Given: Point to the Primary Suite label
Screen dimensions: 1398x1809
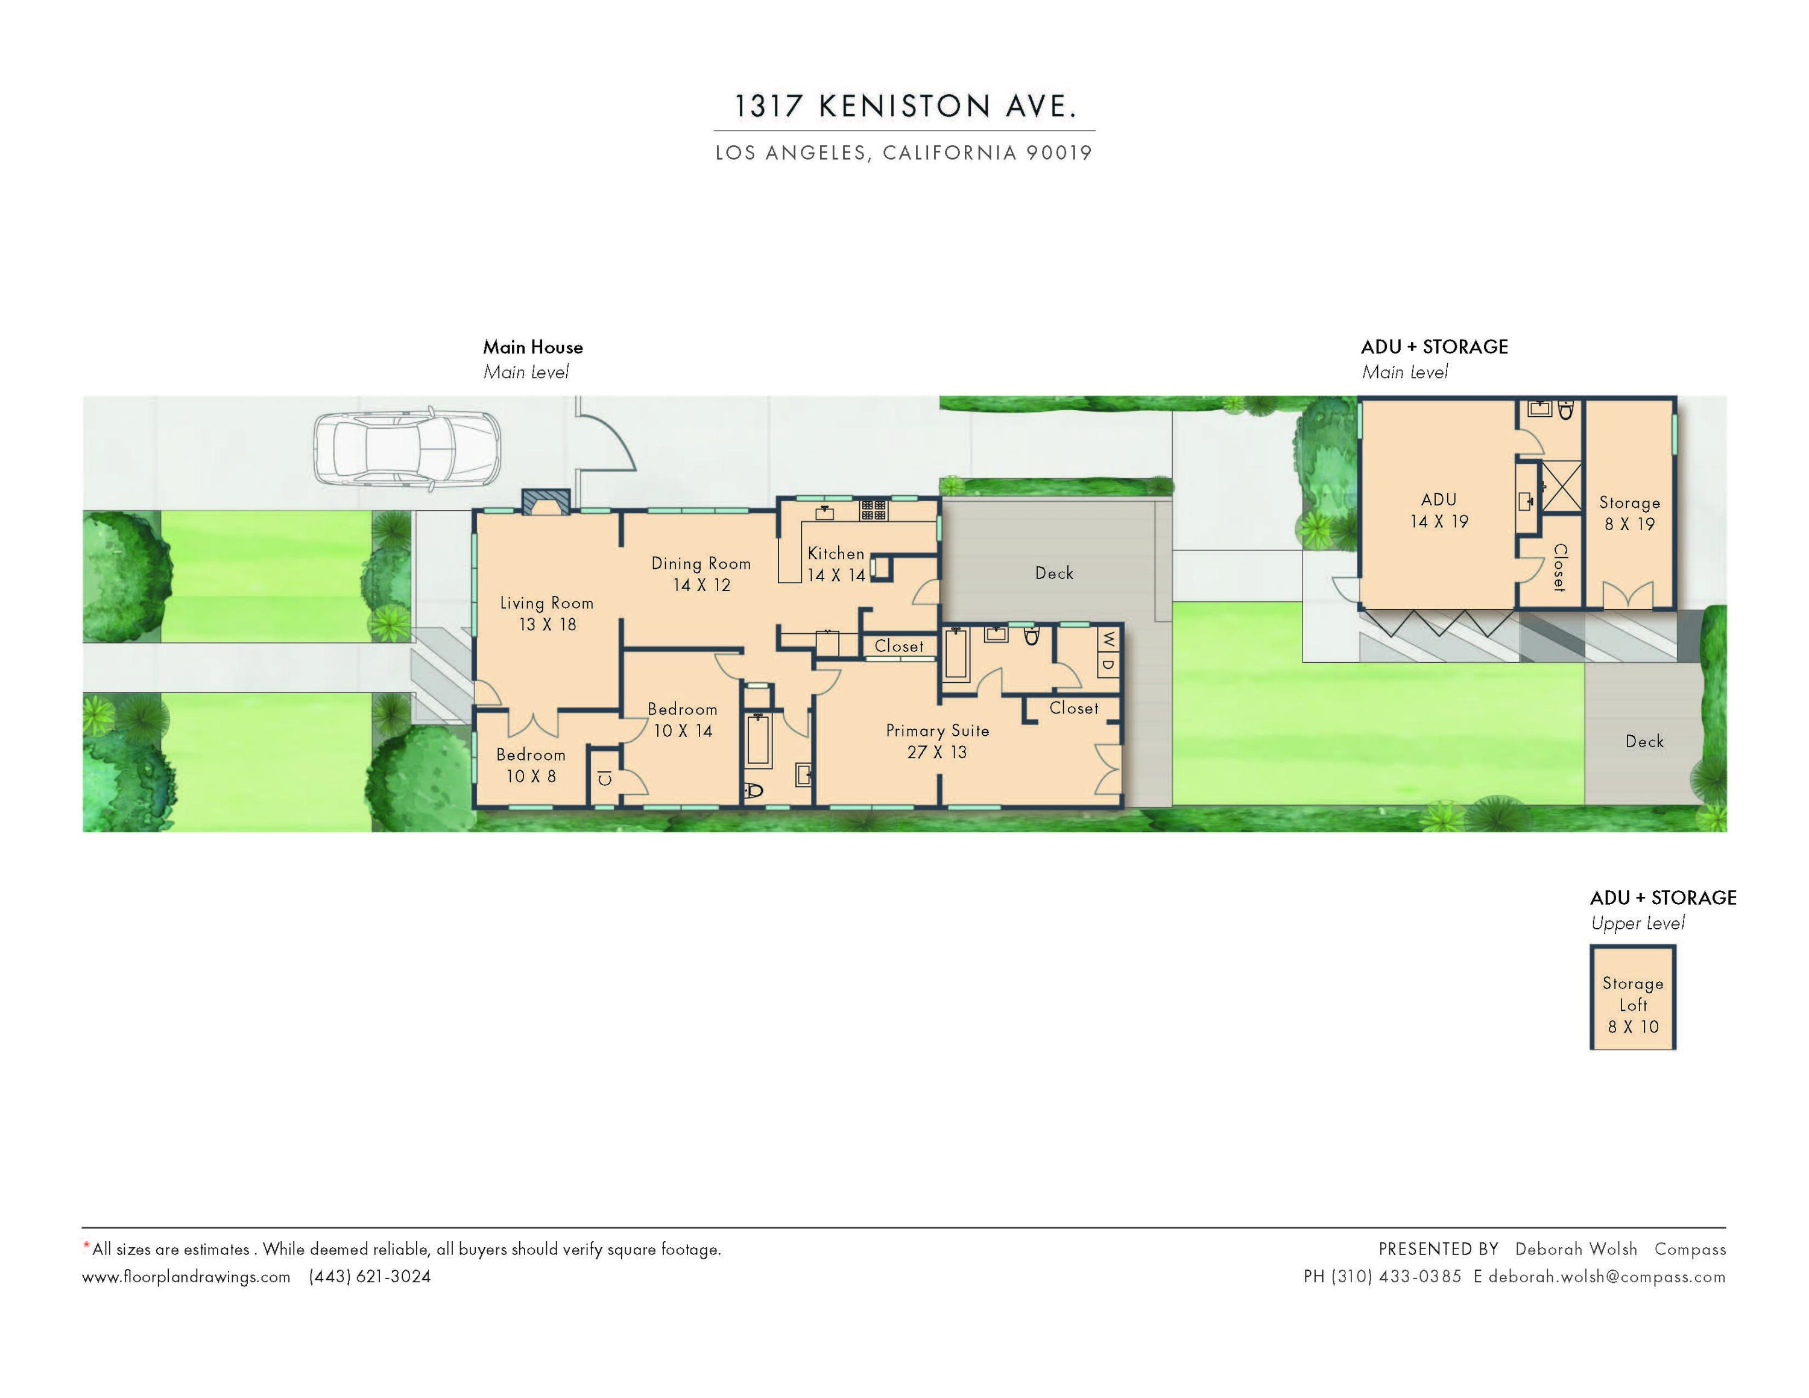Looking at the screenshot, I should coord(937,741).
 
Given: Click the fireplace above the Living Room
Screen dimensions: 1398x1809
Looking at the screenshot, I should coord(546,502).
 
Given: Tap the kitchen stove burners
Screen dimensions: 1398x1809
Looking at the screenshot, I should coord(873,510).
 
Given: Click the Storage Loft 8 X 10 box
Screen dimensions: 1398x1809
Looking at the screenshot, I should coord(1632,999).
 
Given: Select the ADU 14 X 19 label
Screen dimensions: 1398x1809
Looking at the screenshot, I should coord(1439,510).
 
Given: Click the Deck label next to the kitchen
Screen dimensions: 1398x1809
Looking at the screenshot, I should coord(1053,573).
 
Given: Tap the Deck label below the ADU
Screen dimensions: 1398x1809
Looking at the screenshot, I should coord(1644,741).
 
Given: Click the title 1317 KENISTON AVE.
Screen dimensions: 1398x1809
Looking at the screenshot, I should coord(904,106).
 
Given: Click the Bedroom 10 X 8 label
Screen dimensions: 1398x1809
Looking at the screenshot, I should coord(531,765).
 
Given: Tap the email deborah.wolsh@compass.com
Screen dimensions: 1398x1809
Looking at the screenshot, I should coord(1607,1276).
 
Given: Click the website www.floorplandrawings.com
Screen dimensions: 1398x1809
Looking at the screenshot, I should coord(186,1276).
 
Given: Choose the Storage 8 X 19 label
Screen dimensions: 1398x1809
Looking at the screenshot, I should coord(1629,513).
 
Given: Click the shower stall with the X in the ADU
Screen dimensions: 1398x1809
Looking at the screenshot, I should coord(1561,484).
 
